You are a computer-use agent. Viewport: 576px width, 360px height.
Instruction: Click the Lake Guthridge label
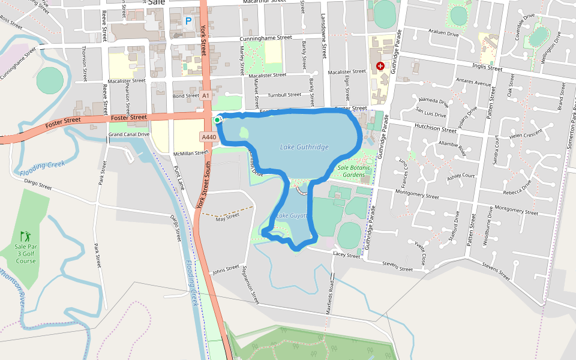pos(304,147)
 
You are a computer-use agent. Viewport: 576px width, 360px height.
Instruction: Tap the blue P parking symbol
pos(188,21)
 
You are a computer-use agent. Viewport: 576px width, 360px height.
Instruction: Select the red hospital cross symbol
pos(380,65)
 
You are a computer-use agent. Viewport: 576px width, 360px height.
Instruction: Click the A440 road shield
pos(209,137)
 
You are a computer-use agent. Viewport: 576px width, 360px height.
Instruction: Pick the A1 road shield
pos(206,95)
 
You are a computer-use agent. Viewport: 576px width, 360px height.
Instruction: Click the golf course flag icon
pos(25,236)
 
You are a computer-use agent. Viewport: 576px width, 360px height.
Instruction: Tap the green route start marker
pos(217,120)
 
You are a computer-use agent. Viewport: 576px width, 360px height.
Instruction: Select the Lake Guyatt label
pos(292,215)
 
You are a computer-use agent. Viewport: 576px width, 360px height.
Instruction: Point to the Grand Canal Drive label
pos(128,134)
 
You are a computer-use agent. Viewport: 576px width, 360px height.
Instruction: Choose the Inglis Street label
pos(487,67)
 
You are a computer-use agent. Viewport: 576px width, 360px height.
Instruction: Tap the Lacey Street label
pos(346,256)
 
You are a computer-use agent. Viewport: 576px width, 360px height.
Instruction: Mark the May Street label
pos(227,220)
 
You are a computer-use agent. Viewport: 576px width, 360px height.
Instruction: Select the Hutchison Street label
pos(435,128)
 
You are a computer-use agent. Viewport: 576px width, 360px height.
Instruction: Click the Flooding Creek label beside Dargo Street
pos(190,282)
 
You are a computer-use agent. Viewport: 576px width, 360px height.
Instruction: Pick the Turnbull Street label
pos(284,95)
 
